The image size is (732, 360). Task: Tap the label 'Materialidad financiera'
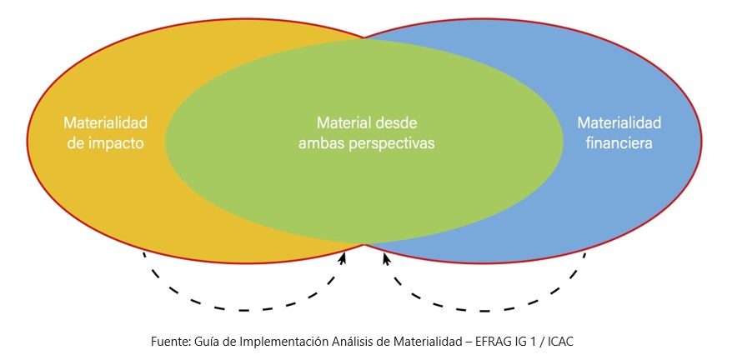pos(619,132)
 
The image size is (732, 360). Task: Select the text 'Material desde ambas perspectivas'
pos(367,132)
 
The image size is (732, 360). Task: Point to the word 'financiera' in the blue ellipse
pos(619,143)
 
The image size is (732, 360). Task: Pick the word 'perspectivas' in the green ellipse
pos(395,143)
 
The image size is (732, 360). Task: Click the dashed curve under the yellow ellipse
pos(242,309)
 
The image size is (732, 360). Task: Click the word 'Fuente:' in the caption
pos(169,342)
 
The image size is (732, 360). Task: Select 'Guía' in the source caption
pos(205,342)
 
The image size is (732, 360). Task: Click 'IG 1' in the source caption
pos(539,342)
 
